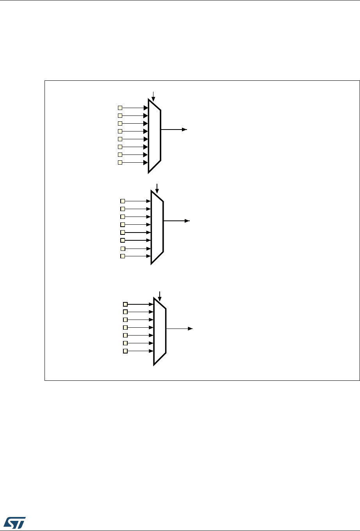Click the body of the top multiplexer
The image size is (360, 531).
click(154, 135)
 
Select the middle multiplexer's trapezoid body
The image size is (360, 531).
click(157, 227)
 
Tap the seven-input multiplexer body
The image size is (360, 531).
click(160, 332)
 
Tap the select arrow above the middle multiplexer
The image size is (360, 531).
click(157, 188)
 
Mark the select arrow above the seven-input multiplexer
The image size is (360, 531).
click(159, 296)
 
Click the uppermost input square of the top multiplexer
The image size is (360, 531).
click(120, 108)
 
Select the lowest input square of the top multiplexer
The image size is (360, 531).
click(120, 162)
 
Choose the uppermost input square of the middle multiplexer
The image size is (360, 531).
click(123, 201)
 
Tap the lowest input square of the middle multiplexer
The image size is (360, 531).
click(123, 256)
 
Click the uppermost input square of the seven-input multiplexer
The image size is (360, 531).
click(125, 304)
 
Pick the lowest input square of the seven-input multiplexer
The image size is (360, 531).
click(125, 351)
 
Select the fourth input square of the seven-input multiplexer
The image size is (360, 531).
click(125, 327)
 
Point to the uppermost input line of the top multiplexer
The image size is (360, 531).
click(135, 108)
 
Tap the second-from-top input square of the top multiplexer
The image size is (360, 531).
click(120, 115)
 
